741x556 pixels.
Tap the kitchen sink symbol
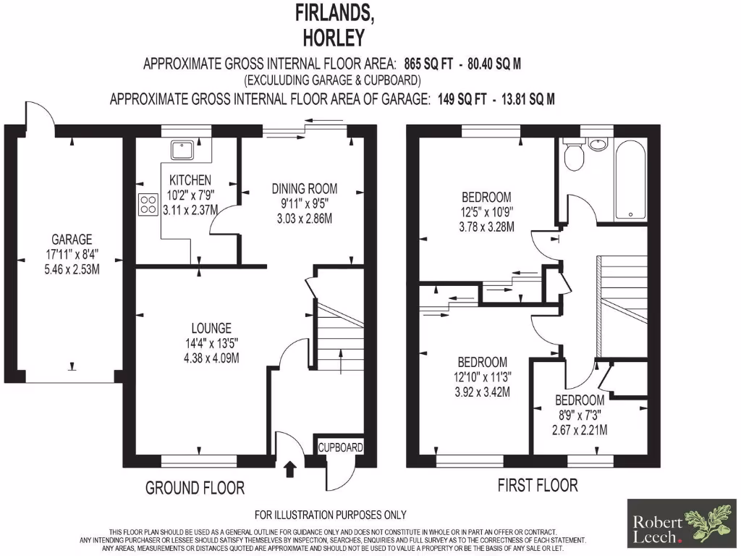coord(179,150)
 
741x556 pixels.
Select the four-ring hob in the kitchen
coord(148,205)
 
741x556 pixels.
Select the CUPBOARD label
coord(341,448)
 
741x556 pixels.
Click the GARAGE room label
coord(71,240)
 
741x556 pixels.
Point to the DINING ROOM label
coord(304,189)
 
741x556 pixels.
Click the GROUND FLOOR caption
coord(195,488)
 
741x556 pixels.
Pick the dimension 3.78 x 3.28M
coord(486,227)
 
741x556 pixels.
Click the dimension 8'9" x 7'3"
coord(579,415)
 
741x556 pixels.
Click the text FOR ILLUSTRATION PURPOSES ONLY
coord(331,515)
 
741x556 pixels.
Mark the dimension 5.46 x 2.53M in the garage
coord(71,269)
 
